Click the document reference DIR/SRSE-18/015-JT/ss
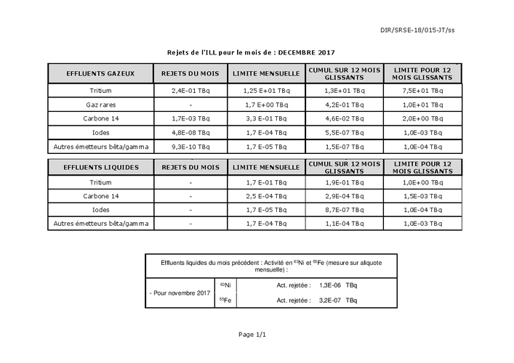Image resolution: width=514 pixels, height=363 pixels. point(427,30)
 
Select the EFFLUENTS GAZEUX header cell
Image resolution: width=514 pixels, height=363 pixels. point(100,74)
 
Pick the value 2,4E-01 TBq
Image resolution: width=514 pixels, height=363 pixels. point(190,91)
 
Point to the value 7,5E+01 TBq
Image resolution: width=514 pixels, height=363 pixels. point(422,91)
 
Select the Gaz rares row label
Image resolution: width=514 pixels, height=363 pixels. point(100,105)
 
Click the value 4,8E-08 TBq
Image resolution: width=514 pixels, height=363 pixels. point(190,133)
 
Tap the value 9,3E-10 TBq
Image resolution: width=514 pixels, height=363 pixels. point(190,147)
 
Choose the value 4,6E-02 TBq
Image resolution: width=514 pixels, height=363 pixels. point(344,119)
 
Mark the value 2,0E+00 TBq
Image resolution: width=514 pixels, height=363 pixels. point(422,119)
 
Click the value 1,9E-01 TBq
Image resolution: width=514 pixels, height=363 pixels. point(344,183)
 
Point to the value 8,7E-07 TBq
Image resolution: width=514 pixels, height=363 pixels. point(344,210)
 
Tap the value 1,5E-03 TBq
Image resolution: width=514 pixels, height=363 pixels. point(422,196)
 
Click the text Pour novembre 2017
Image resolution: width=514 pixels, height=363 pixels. point(179,293)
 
